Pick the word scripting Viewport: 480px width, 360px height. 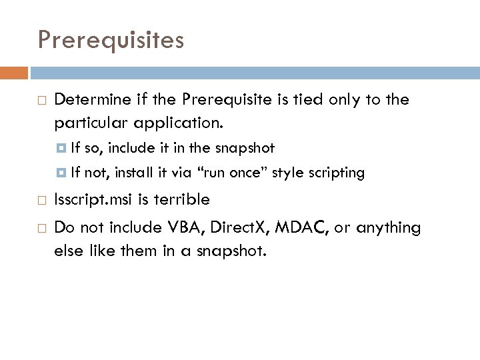[x=335, y=173]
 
